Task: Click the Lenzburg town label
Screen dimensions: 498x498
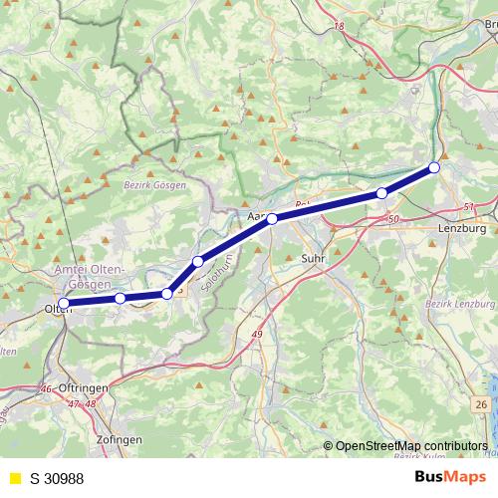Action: pyautogui.click(x=460, y=227)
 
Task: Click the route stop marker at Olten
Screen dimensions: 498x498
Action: pyautogui.click(x=64, y=304)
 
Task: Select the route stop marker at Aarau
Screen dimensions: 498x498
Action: pyautogui.click(x=272, y=218)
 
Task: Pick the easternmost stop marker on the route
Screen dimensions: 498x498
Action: pyautogui.click(x=434, y=167)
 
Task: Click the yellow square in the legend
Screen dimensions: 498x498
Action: pyautogui.click(x=14, y=479)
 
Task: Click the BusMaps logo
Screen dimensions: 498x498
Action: pyautogui.click(x=447, y=478)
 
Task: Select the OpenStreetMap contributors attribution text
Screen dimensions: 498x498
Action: pyautogui.click(x=410, y=446)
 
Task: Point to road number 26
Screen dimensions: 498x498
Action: pyautogui.click(x=481, y=403)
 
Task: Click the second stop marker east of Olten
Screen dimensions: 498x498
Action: pyautogui.click(x=167, y=294)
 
